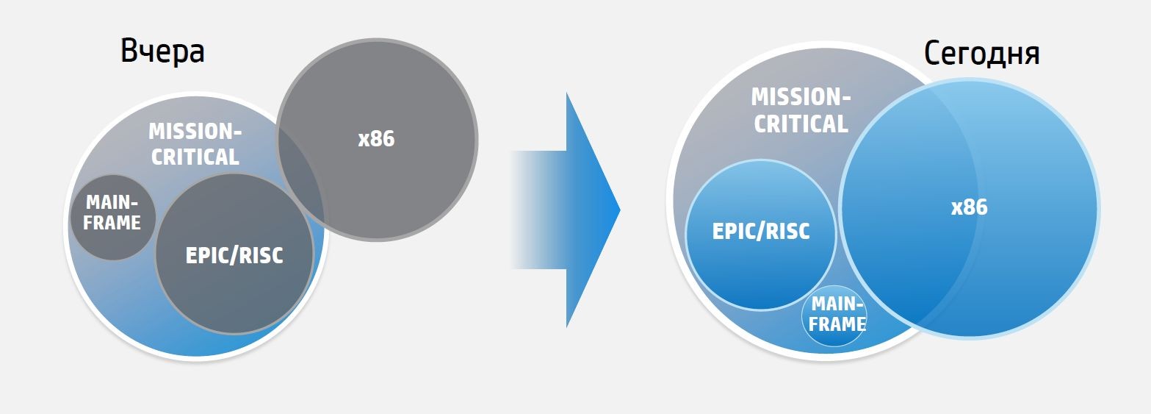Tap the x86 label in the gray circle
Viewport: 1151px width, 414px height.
point(376,139)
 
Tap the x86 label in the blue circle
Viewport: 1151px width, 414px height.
point(969,208)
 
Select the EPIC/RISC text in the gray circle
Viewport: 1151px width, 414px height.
point(234,255)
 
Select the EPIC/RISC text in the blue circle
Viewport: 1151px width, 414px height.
point(761,231)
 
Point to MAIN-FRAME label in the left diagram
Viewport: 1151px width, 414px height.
point(112,213)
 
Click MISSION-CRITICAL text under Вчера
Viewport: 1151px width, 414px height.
point(195,144)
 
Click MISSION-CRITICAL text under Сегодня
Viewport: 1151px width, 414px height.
point(801,110)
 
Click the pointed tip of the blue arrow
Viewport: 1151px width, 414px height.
point(618,210)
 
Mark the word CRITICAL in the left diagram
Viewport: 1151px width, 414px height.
point(195,157)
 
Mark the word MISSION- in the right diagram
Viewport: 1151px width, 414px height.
point(801,97)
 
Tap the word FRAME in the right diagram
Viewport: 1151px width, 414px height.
point(837,324)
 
